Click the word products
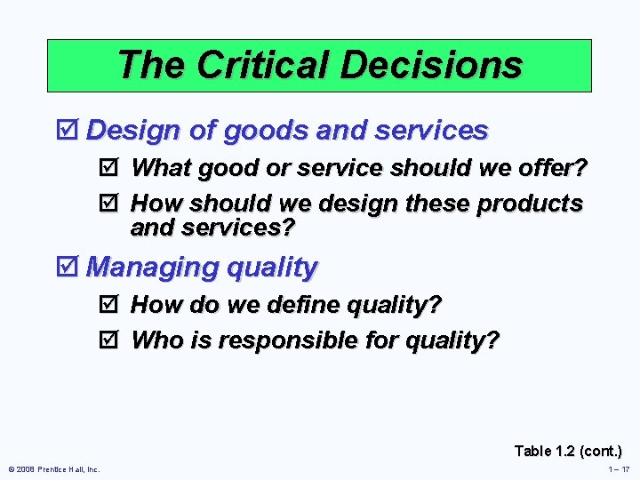tap(530, 204)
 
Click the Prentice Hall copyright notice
tap(53, 469)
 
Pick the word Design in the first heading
tap(134, 131)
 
